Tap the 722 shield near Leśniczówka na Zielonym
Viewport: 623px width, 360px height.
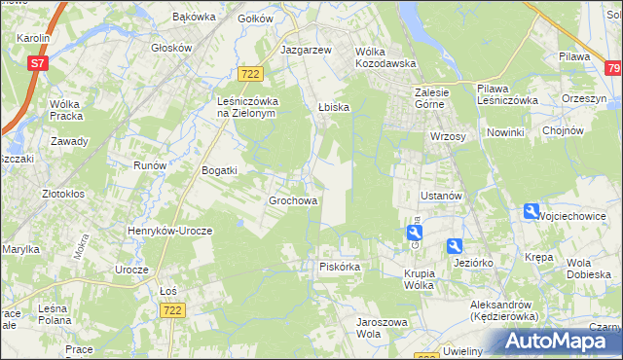coord(250,75)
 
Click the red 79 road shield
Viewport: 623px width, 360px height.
coord(612,68)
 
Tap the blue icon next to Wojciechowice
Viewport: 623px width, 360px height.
coord(531,211)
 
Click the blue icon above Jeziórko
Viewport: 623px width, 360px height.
coord(455,246)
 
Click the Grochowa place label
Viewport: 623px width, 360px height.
coord(293,201)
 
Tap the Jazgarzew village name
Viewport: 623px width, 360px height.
coord(306,49)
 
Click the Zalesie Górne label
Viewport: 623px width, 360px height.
coord(424,99)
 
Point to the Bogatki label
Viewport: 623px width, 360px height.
coord(219,170)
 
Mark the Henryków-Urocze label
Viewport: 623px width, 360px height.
coord(163,231)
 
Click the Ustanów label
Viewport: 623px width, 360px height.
coord(440,196)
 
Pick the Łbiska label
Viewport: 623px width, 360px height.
coord(333,107)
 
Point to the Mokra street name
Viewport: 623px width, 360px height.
coord(80,246)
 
